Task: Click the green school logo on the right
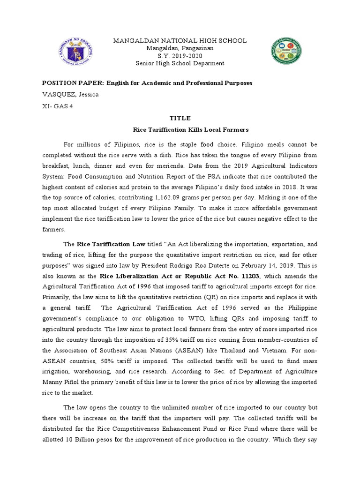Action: (x=286, y=52)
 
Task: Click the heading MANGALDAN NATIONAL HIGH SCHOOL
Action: (x=180, y=41)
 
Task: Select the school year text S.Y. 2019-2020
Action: (x=180, y=56)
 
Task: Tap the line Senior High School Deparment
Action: (x=180, y=63)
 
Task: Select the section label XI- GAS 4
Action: (x=58, y=106)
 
